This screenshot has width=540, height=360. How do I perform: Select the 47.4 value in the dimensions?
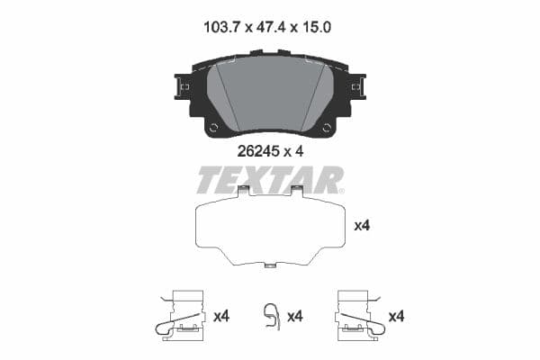pyautogui.click(x=268, y=29)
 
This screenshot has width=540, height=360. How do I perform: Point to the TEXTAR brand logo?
pyautogui.click(x=267, y=180)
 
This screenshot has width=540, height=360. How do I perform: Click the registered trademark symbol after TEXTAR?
pyautogui.click(x=341, y=190)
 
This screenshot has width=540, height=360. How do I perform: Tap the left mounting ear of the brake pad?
pyautogui.click(x=179, y=86)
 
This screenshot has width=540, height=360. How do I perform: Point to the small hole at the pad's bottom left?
pyautogui.click(x=213, y=128)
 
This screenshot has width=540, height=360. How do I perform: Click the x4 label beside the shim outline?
pyautogui.click(x=363, y=226)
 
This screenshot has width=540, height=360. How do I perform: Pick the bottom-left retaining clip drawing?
pyautogui.click(x=182, y=315)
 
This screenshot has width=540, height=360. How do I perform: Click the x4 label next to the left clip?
pyautogui.click(x=221, y=316)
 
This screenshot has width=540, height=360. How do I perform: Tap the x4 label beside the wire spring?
pyautogui.click(x=293, y=316)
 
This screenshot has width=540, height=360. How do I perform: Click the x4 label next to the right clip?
pyautogui.click(x=395, y=316)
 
